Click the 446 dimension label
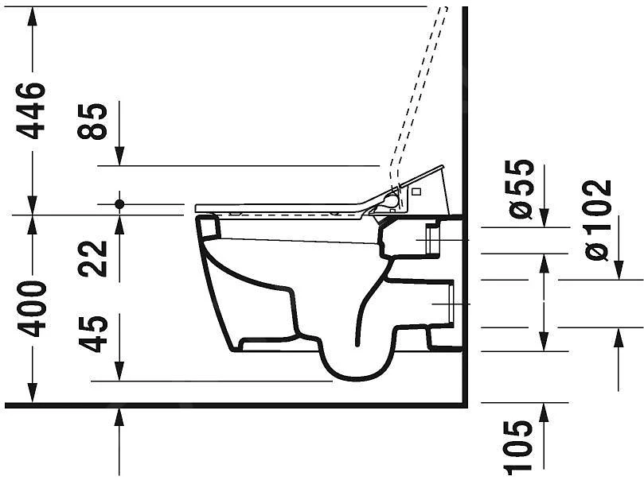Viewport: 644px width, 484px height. click(x=33, y=110)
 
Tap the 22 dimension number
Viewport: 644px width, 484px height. click(x=93, y=258)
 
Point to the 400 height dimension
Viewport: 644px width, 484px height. click(x=33, y=308)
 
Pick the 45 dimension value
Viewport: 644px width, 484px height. click(x=93, y=334)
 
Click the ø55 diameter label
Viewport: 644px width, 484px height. click(x=521, y=189)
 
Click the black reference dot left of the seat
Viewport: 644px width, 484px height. click(x=119, y=204)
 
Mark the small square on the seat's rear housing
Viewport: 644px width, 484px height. click(x=416, y=191)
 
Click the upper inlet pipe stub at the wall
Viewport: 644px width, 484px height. click(x=433, y=238)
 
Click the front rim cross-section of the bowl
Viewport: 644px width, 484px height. click(x=208, y=228)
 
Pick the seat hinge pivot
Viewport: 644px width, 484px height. click(x=391, y=201)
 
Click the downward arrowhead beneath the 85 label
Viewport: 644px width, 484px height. click(x=119, y=158)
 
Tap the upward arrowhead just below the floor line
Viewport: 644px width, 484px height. click(x=119, y=416)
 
